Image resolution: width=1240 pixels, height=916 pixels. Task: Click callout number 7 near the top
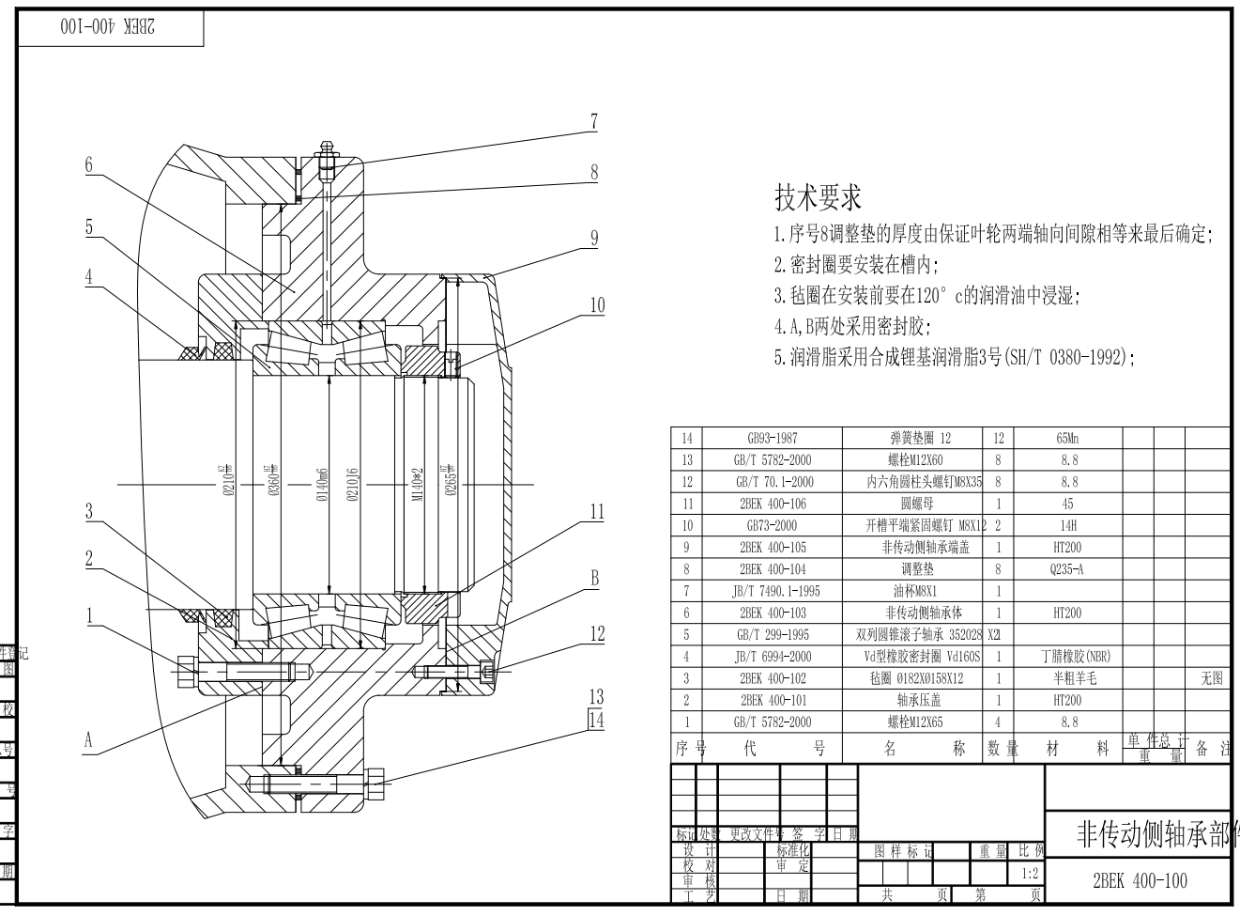point(594,121)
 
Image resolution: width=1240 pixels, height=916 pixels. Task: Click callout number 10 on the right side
point(597,304)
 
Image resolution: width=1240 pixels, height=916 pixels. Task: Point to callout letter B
point(594,578)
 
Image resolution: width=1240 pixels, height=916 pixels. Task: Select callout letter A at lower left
point(89,740)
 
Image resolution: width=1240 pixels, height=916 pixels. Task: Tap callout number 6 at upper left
point(89,164)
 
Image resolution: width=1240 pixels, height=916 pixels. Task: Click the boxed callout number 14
point(596,721)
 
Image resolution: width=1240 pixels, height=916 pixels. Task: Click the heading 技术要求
point(818,197)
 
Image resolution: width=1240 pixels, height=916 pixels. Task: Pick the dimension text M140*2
point(419,484)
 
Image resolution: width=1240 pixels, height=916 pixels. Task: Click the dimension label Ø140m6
point(322,484)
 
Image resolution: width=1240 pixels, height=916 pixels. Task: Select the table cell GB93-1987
point(773,438)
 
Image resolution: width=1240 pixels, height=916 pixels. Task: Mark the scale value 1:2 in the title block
point(1029,873)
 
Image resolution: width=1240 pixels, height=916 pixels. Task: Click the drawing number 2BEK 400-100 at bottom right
point(1140,881)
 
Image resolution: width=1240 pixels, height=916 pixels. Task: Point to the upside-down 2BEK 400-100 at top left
point(108,27)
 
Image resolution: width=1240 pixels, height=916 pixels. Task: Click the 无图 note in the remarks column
point(1212,678)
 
